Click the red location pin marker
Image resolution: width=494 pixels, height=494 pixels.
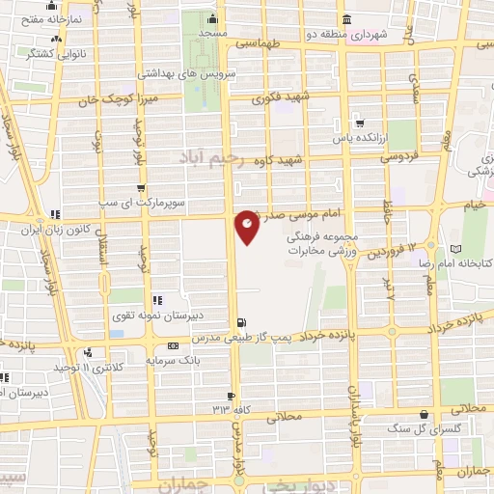click(248, 226)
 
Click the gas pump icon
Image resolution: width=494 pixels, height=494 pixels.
click(240, 323)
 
